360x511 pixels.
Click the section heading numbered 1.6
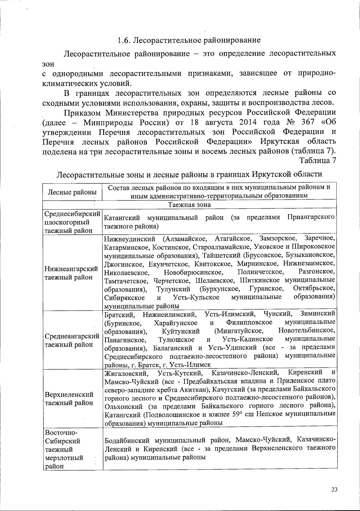[189, 40]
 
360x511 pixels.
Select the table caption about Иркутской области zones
[190, 174]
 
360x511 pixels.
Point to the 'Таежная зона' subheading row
[189, 205]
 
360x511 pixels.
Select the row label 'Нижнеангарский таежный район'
[71, 273]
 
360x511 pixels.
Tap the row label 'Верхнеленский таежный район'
[69, 398]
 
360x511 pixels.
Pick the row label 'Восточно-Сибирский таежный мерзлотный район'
[64, 449]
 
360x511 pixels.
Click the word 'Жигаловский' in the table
[126, 373]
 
